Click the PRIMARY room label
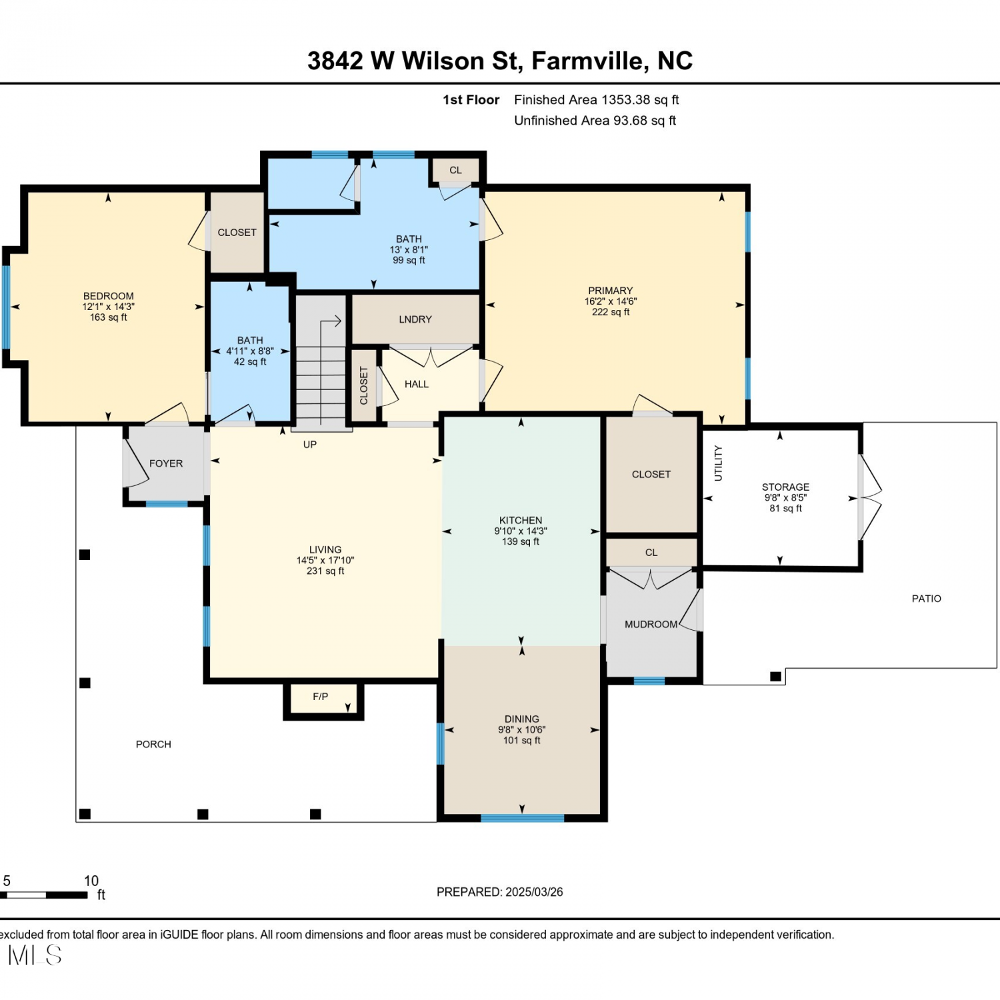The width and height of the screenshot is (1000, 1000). [610, 291]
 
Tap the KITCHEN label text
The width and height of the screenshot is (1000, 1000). [521, 520]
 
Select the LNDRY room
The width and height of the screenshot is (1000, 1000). [415, 319]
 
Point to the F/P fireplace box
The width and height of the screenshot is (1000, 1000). [323, 701]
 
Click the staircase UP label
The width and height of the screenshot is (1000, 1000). [310, 445]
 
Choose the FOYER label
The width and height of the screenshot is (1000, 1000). [166, 463]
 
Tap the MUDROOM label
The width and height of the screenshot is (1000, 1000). [651, 624]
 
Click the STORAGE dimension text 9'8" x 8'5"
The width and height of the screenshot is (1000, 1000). [785, 497]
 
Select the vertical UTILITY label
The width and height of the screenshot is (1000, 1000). [718, 463]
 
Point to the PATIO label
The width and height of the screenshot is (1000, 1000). [927, 599]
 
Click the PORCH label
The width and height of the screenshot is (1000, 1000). [153, 744]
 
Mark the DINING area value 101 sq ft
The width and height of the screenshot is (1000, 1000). [521, 741]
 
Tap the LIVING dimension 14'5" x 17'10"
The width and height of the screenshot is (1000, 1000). [325, 561]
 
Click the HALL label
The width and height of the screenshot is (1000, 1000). [417, 384]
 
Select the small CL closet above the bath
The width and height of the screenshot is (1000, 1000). [455, 170]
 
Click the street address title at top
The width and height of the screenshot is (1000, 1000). [500, 61]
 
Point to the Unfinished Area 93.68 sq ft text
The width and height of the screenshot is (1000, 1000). [595, 121]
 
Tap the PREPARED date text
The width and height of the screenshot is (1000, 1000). [500, 892]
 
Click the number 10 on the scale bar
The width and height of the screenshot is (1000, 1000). [91, 881]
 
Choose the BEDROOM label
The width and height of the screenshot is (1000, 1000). [109, 296]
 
